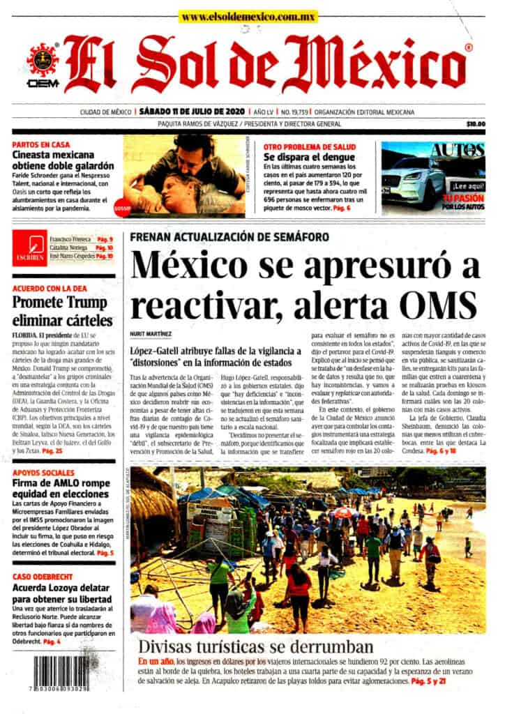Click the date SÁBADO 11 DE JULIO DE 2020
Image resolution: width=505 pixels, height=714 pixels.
tap(192, 112)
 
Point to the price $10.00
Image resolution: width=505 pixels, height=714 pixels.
tap(476, 124)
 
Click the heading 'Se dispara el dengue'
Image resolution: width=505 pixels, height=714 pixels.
tap(309, 158)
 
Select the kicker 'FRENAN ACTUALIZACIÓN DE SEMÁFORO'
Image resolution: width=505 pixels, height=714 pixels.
tap(229, 237)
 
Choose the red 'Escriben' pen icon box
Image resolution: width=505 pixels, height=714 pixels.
tap(29, 248)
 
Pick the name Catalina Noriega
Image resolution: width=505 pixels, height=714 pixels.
tap(68, 248)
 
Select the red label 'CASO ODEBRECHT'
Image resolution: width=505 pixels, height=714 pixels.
tap(45, 577)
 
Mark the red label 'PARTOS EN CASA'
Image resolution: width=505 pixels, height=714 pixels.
tap(40, 146)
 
